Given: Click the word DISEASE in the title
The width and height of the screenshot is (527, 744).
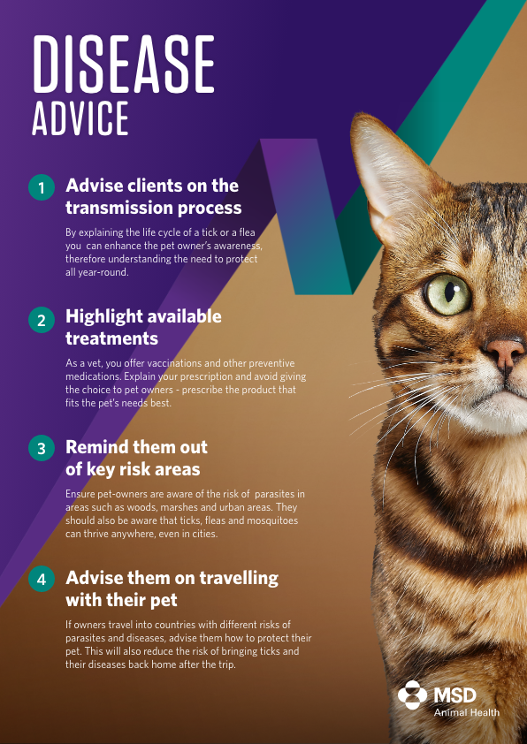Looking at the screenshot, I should click(x=123, y=65).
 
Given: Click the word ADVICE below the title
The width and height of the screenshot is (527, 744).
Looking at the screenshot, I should click(x=80, y=118).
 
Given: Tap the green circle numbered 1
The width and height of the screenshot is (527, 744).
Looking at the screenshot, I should click(x=42, y=187).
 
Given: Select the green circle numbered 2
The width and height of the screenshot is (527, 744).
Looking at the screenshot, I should click(x=42, y=319).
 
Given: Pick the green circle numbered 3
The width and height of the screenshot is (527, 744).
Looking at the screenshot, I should click(x=42, y=448).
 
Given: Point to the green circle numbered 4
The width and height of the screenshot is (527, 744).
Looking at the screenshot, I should click(x=42, y=580).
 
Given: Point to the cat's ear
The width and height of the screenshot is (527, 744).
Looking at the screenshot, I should click(x=390, y=168).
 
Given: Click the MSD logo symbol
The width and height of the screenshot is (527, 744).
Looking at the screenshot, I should click(x=413, y=695).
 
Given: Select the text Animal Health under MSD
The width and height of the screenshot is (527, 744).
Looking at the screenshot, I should click(x=466, y=712).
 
